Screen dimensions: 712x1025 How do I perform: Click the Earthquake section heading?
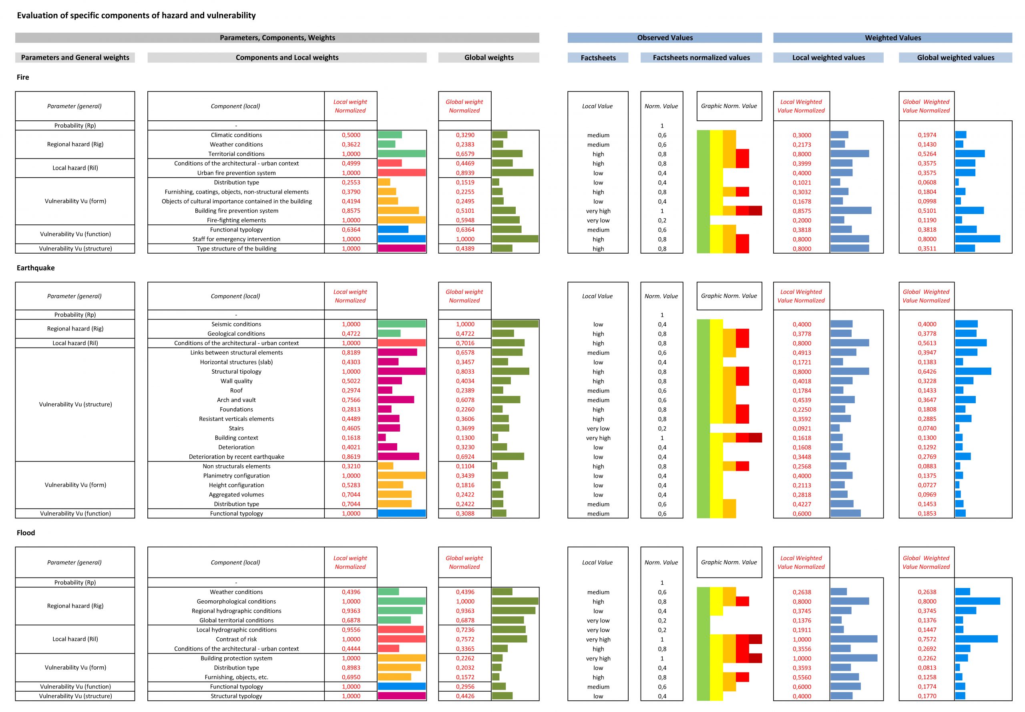click(x=36, y=268)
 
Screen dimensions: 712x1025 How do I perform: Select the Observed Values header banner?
click(x=665, y=38)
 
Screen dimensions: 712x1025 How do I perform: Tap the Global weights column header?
click(x=489, y=58)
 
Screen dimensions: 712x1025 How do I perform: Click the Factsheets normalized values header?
click(x=701, y=58)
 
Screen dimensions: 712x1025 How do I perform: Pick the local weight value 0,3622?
click(x=351, y=144)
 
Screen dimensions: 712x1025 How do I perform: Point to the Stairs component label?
click(x=236, y=428)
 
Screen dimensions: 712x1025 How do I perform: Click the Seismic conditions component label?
click(x=236, y=324)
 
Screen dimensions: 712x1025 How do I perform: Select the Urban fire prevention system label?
click(x=236, y=173)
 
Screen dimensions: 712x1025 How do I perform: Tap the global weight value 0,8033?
click(x=465, y=372)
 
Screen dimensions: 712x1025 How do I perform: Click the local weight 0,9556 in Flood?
click(x=351, y=630)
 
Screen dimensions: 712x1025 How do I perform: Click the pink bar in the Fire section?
click(x=402, y=248)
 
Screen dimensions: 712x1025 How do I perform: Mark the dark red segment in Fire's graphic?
click(x=756, y=210)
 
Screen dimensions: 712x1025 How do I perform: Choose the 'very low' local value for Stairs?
click(x=598, y=428)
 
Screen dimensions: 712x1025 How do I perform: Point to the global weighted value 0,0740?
click(x=927, y=428)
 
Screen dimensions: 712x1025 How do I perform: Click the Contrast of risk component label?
click(x=236, y=639)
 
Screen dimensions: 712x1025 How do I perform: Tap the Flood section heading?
click(x=26, y=533)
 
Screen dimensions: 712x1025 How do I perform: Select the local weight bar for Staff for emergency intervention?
click(x=402, y=239)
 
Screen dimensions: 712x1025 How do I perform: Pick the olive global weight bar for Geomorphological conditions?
click(x=515, y=601)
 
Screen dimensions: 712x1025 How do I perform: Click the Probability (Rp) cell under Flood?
click(x=75, y=583)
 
